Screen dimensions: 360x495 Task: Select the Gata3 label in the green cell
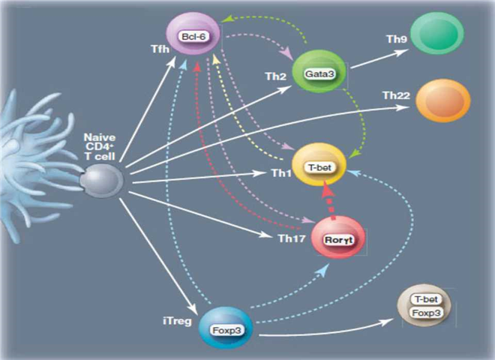[x=318, y=74]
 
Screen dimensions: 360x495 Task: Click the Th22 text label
[x=395, y=96]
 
